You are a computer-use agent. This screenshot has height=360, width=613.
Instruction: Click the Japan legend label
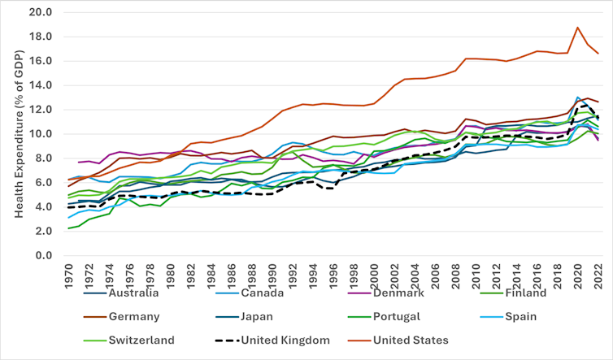click(276, 317)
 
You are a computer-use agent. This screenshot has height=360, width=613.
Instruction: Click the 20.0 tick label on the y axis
click(40, 13)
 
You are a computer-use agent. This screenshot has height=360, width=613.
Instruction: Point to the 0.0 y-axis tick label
click(43, 255)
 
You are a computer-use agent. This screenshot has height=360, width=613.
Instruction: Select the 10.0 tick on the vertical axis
click(40, 134)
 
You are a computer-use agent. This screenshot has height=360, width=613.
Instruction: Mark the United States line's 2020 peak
click(577, 28)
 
